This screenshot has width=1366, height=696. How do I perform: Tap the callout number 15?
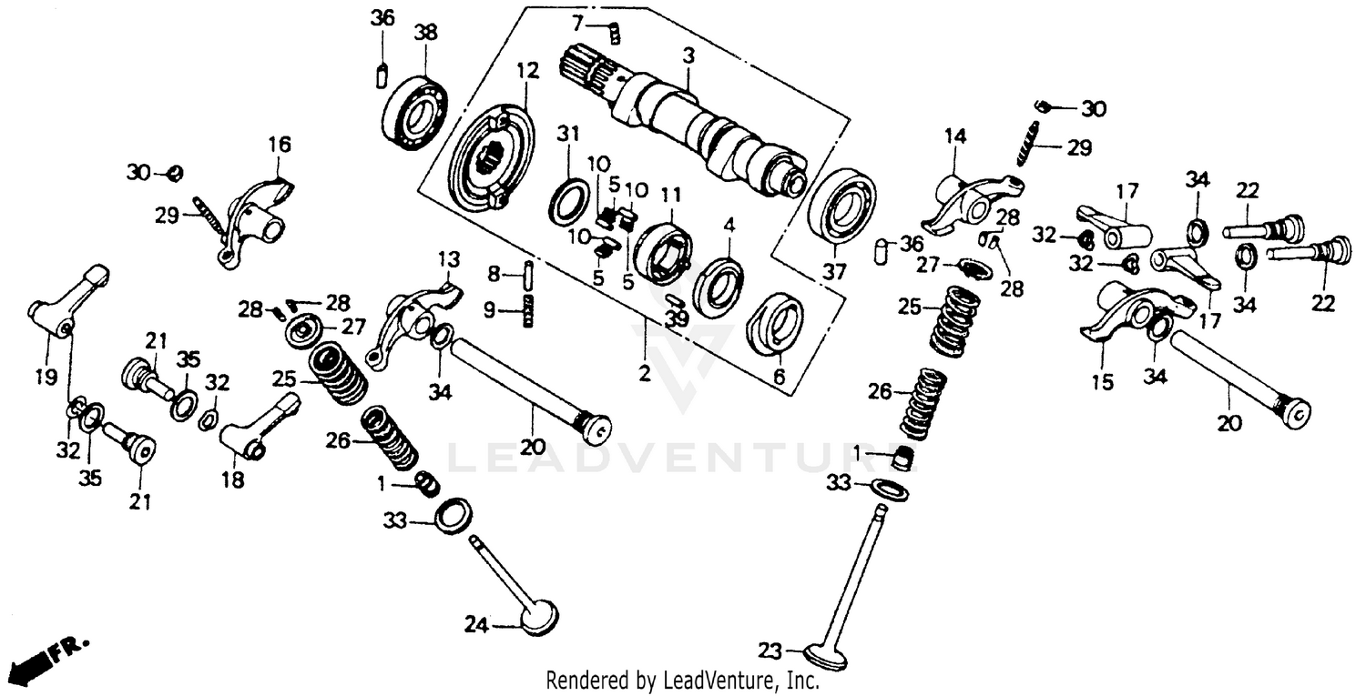1103,382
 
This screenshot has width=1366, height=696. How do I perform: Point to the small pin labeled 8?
527,273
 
